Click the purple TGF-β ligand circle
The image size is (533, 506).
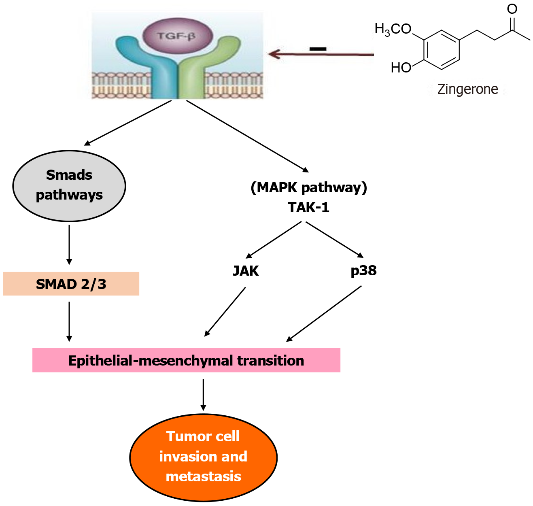(177, 36)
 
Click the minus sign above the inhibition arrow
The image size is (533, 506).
(318, 49)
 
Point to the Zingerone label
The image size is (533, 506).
(467, 89)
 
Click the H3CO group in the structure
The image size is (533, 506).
(393, 29)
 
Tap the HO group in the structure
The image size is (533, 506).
(401, 68)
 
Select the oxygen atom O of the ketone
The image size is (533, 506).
(512, 9)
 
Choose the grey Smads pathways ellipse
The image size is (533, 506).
(69, 186)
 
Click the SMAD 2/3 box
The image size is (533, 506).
(71, 284)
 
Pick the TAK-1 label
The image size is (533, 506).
(308, 207)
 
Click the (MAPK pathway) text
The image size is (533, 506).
(309, 187)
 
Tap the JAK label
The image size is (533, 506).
(246, 270)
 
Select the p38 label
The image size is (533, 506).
(363, 270)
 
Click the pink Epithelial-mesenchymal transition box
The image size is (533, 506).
(186, 360)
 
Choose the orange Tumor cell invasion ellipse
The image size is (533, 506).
(203, 457)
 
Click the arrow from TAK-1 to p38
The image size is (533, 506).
(334, 239)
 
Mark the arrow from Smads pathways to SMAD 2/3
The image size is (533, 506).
(69, 244)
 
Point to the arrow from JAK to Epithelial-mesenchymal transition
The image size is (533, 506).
(225, 312)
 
